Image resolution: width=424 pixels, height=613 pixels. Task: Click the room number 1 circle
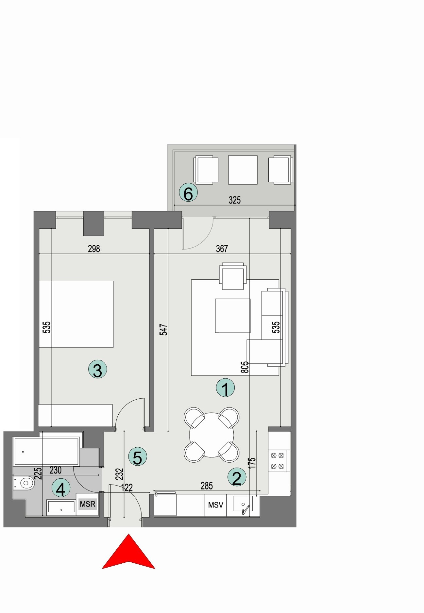226,388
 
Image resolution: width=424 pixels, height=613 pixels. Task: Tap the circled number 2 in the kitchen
237,477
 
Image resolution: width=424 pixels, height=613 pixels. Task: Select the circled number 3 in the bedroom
98,370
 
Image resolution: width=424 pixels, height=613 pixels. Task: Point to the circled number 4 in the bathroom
61,489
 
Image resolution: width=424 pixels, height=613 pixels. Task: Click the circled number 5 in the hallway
138,456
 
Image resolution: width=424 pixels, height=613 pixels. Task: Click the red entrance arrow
128,552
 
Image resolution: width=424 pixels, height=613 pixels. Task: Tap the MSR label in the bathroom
88,504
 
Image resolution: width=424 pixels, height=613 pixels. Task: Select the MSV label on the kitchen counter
215,505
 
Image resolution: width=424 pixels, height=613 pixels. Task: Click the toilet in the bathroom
25,483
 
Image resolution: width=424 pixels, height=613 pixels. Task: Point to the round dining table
212,435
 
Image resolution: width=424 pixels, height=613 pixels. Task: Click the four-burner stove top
278,461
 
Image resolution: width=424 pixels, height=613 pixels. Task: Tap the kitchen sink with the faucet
243,504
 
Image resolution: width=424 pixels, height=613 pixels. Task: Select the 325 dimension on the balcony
235,200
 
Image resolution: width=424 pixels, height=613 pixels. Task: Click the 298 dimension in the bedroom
94,249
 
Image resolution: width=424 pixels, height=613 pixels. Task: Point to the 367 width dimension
222,249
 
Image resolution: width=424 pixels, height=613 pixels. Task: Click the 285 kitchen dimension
207,486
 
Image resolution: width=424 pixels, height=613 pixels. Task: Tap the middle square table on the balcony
243,170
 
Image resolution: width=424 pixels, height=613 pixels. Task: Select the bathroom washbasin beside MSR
61,507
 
